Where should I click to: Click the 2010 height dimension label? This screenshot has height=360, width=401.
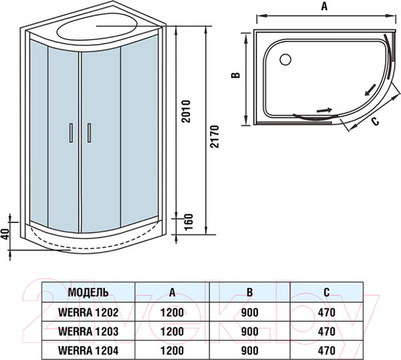[x=186, y=112]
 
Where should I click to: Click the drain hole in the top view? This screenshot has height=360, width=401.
[x=286, y=59]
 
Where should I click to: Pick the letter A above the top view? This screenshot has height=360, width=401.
[x=323, y=7]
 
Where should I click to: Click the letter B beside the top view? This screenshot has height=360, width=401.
[x=235, y=76]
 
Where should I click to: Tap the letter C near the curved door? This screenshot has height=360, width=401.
[x=375, y=121]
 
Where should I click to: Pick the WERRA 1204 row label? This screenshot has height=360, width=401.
[x=88, y=349]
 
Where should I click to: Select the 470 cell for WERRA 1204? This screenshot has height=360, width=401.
[x=325, y=349]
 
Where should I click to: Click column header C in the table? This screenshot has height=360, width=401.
[x=325, y=292]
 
